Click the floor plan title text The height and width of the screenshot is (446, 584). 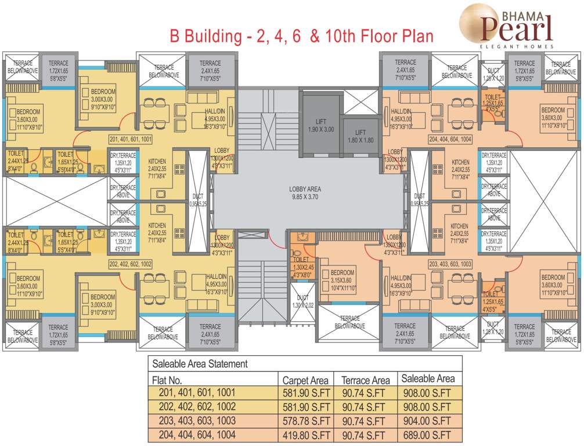[x=301, y=36]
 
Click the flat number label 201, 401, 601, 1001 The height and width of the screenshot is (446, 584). [x=137, y=139]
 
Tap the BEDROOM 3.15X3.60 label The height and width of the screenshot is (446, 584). [x=342, y=277]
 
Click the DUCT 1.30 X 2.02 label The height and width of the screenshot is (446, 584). [x=302, y=301]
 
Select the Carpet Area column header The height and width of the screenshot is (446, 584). [x=305, y=380]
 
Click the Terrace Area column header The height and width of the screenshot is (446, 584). [x=365, y=380]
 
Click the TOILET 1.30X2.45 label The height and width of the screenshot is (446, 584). [x=302, y=268]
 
